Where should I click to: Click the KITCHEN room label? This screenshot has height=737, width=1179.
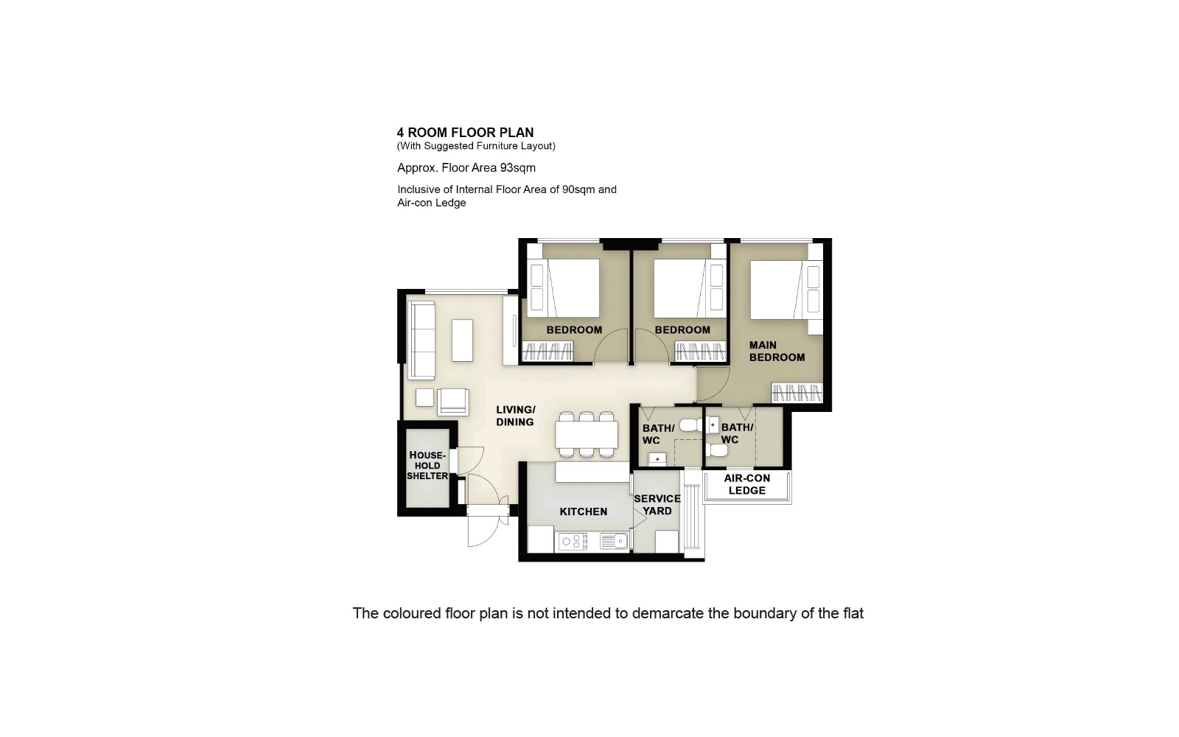click(x=583, y=511)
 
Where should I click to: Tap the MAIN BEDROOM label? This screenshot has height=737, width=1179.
click(x=777, y=351)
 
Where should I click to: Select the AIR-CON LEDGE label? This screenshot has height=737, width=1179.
click(x=746, y=484)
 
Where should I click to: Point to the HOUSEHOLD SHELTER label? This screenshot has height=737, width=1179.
click(x=427, y=466)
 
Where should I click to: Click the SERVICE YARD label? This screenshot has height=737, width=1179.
click(x=657, y=505)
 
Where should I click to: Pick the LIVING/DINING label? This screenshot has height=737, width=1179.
click(x=515, y=416)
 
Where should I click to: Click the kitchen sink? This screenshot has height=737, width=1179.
click(x=613, y=542)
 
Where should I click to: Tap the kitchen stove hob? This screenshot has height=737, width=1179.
click(x=573, y=542)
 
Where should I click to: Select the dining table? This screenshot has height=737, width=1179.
click(x=587, y=435)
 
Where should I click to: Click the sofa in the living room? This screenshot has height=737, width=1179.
click(x=421, y=339)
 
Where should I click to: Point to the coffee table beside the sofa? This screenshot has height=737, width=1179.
click(x=462, y=340)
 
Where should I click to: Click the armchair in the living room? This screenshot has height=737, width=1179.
click(x=452, y=402)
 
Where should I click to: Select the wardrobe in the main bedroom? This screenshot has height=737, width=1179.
click(x=797, y=393)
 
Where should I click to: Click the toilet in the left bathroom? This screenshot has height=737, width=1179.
click(x=690, y=425)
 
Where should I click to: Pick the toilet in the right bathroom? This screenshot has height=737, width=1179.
click(x=716, y=450)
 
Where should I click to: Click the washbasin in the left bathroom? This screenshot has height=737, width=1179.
click(x=657, y=458)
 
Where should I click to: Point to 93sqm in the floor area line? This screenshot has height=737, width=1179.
click(x=517, y=167)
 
